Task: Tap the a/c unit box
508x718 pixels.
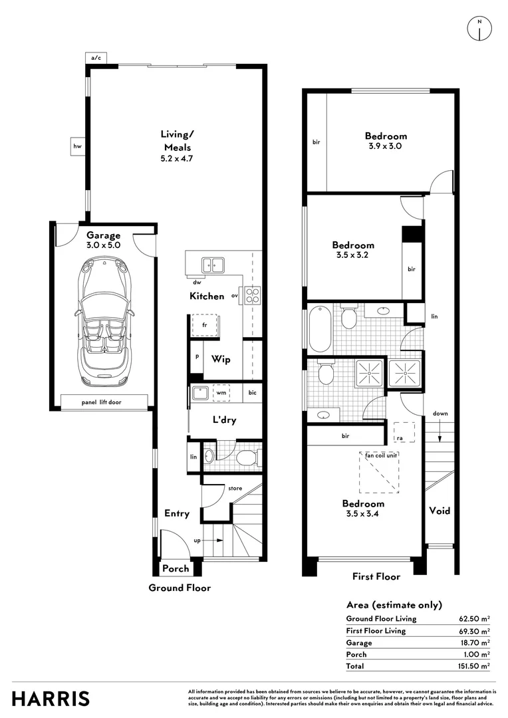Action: click(x=96, y=58)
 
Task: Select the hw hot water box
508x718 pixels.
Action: click(x=77, y=146)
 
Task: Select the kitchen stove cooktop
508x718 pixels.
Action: click(x=253, y=295)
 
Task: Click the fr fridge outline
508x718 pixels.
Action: click(x=205, y=326)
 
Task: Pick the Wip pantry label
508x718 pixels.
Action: click(x=221, y=360)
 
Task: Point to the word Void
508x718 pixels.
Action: click(x=440, y=511)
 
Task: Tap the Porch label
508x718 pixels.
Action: click(x=176, y=568)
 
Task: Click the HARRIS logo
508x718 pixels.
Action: click(x=51, y=699)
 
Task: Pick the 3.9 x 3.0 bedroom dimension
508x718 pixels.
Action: click(x=385, y=146)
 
